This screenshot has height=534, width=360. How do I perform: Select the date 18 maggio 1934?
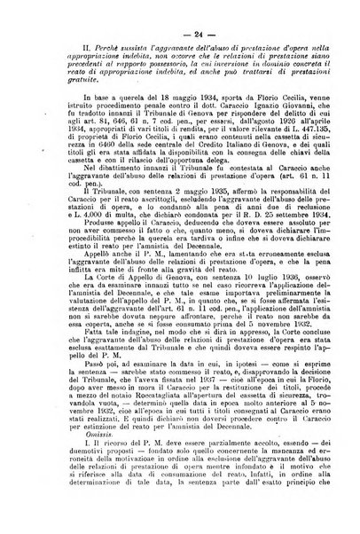(161, 125)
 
